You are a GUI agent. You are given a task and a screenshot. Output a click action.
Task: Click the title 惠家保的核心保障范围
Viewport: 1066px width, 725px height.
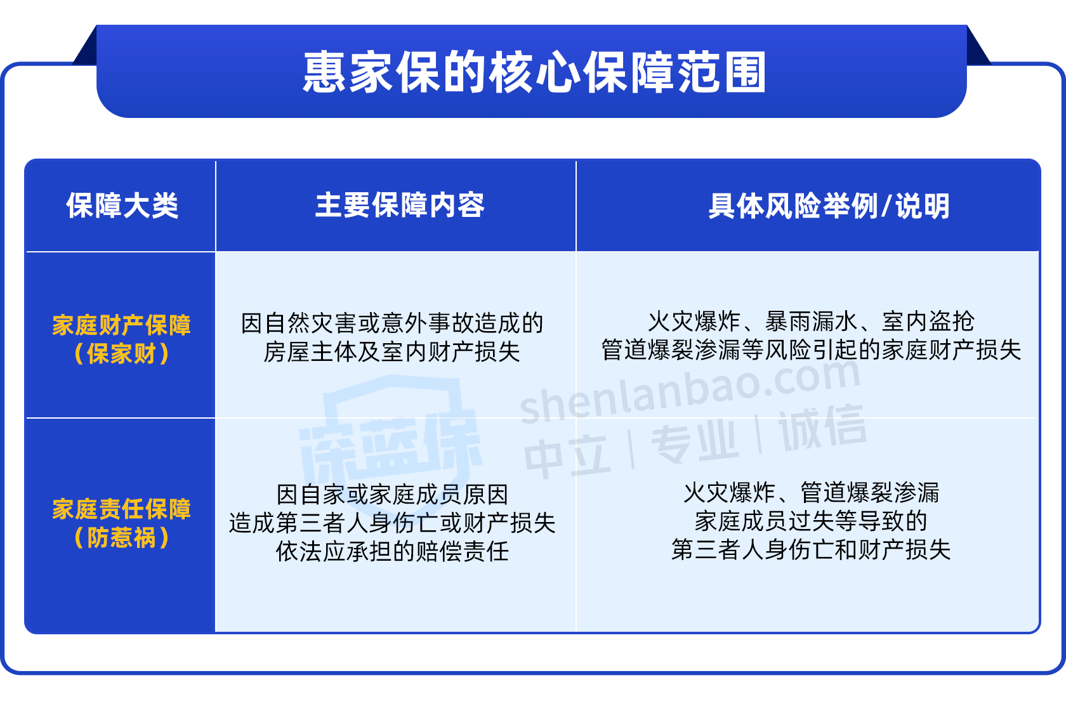click(x=534, y=72)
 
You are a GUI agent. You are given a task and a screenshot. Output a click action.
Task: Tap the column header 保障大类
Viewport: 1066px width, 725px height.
click(x=122, y=206)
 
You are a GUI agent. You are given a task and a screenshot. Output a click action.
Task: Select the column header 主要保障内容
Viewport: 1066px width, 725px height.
click(x=400, y=206)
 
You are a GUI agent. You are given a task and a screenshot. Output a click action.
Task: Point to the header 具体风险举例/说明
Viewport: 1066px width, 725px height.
click(x=829, y=206)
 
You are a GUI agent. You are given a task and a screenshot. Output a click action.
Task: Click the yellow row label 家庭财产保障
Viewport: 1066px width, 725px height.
click(x=121, y=325)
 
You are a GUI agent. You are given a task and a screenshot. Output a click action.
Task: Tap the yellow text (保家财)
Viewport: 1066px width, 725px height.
click(x=121, y=353)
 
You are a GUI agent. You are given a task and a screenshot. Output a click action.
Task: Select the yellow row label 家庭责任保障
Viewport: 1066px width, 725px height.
click(x=121, y=509)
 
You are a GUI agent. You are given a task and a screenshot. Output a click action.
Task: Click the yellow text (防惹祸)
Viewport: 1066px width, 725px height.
click(x=121, y=538)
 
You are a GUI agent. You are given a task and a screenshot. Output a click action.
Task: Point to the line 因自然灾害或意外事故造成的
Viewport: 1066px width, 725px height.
click(x=392, y=323)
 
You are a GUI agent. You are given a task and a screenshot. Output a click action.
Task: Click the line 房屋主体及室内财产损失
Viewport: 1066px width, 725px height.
click(x=392, y=352)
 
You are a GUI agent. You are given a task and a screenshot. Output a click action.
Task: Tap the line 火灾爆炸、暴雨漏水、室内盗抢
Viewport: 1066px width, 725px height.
click(x=812, y=322)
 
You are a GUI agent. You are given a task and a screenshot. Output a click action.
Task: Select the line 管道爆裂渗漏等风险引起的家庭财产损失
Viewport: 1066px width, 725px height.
click(x=812, y=350)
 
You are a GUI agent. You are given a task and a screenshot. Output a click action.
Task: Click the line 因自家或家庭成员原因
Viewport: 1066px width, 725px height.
click(x=393, y=495)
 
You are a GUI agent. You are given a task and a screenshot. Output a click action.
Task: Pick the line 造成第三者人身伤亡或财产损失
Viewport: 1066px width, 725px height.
click(x=393, y=523)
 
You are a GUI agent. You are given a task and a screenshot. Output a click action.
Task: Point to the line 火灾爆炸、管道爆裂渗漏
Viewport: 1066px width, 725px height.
click(x=812, y=493)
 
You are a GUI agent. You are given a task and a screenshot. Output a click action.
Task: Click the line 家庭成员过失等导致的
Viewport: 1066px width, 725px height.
click(x=812, y=521)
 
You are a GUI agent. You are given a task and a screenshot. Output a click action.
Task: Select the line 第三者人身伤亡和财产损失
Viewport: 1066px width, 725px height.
click(x=812, y=550)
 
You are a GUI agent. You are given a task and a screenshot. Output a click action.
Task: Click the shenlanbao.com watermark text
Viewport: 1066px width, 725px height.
click(x=690, y=390)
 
